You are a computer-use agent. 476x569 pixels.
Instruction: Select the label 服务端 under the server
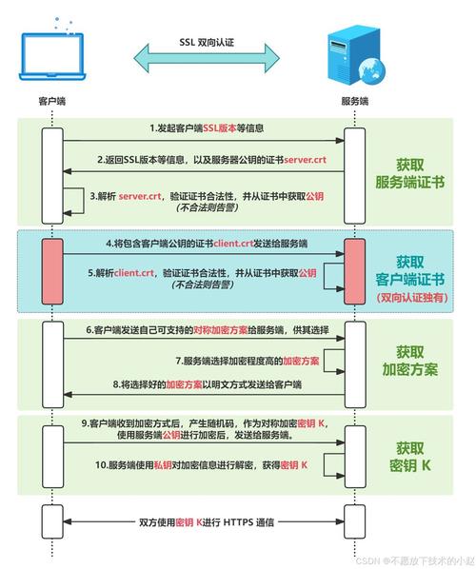point(354,101)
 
